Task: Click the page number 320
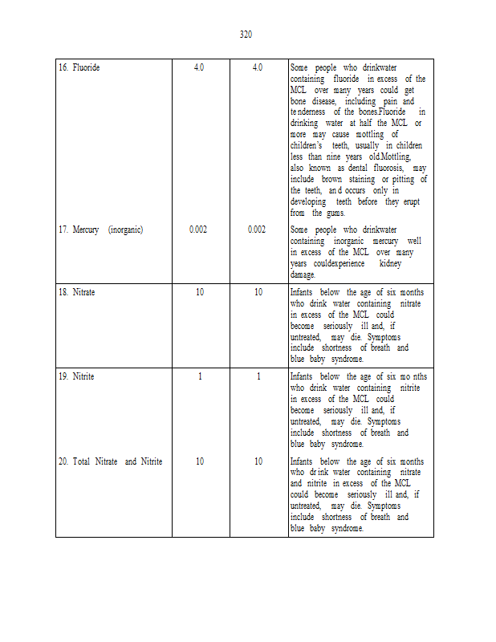(246, 34)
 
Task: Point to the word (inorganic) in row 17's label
(125, 230)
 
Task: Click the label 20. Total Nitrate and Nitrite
(110, 461)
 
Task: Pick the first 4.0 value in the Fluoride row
(199, 67)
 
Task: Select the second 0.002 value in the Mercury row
(257, 230)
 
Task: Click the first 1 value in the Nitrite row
(199, 376)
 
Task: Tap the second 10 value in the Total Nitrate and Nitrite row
(258, 461)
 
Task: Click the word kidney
(389, 263)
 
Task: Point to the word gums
(336, 213)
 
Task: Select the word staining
(363, 180)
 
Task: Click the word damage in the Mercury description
(303, 274)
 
